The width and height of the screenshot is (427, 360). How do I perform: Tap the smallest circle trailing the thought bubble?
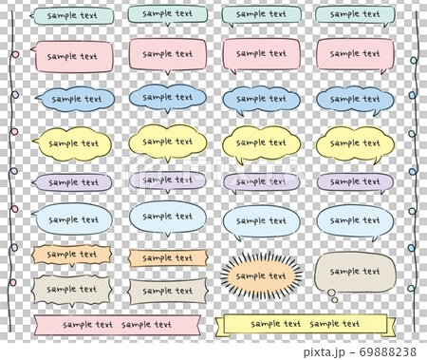coord(334,300)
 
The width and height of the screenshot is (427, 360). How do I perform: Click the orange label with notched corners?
coord(74,255)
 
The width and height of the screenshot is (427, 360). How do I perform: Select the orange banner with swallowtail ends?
coord(166,257)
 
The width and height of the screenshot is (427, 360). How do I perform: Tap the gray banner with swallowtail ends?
coord(166,289)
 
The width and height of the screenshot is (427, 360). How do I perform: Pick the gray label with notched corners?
coord(74,289)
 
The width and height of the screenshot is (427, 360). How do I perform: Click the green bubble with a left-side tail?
coord(74,16)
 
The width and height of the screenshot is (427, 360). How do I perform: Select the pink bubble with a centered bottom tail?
coord(166,54)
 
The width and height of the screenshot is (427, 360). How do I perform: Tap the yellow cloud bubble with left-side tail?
coord(74,142)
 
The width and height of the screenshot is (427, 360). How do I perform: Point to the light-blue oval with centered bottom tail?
coord(166,218)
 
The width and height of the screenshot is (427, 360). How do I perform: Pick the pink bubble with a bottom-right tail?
coord(353,53)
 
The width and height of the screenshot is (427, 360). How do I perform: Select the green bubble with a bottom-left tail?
coord(261,15)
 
